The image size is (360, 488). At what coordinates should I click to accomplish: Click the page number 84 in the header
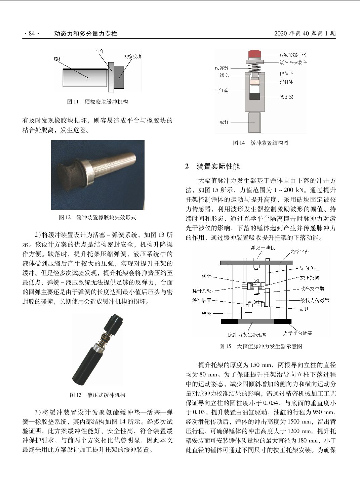click(x=32, y=33)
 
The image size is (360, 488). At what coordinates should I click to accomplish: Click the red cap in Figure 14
click(x=255, y=54)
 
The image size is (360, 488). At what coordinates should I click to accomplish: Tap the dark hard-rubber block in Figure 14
click(x=254, y=97)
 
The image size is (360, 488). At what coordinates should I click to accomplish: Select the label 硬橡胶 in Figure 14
click(x=286, y=97)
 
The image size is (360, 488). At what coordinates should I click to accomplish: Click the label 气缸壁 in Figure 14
click(x=222, y=90)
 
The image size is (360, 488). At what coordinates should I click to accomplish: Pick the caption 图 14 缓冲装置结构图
click(x=261, y=143)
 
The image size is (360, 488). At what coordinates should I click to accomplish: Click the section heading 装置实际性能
click(x=218, y=166)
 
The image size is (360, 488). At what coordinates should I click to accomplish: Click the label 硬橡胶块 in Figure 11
click(x=132, y=56)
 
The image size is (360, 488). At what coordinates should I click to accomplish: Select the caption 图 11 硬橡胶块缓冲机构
click(x=97, y=102)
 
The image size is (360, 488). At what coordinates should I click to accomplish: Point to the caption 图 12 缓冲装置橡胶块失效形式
click(x=97, y=217)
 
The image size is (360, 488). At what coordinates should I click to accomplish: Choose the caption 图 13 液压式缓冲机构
click(x=97, y=395)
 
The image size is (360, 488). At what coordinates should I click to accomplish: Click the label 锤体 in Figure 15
click(x=207, y=276)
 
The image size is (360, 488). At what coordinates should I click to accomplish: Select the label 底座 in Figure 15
click(x=206, y=313)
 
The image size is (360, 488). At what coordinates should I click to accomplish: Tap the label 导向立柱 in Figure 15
click(x=309, y=268)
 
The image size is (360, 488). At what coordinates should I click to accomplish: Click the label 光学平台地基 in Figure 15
click(x=297, y=333)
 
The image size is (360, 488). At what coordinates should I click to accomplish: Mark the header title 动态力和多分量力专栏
click(x=85, y=33)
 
